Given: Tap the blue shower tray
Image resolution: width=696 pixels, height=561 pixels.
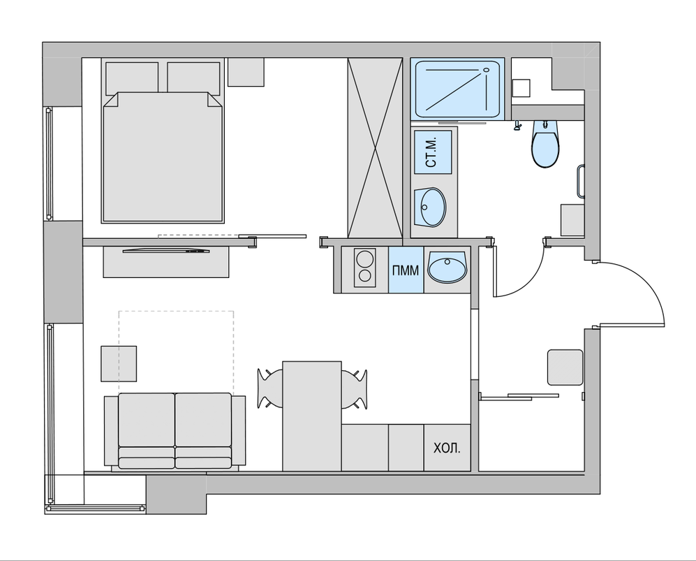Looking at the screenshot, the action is [457, 89].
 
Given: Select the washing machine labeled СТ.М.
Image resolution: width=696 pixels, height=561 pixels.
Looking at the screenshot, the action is [433, 152].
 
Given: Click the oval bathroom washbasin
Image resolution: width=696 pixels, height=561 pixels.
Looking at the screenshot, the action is [429, 207].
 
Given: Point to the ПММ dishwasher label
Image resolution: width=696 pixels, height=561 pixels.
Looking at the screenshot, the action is [406, 270].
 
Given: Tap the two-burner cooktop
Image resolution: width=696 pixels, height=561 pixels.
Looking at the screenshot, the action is [365, 268].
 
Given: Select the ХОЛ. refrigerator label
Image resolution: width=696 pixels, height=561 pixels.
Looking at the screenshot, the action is [447, 449].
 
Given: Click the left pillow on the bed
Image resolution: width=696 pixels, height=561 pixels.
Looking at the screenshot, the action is [132, 78].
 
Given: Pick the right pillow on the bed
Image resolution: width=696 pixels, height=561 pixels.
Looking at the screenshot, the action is [194, 78].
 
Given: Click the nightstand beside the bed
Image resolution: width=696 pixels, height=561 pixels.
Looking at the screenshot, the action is [246, 72].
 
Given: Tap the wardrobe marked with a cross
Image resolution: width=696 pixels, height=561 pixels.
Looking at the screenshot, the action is [375, 148].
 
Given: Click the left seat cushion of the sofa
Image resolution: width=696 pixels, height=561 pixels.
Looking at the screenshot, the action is [147, 420].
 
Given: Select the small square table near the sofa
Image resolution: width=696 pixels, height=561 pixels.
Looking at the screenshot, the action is [119, 364].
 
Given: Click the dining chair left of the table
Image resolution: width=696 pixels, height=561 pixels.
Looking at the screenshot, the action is [269, 388].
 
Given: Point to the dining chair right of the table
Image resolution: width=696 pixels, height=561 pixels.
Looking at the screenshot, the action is [354, 388].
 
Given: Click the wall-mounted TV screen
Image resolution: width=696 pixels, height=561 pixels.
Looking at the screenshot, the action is [166, 251].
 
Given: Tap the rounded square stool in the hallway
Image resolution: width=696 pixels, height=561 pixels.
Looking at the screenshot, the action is [565, 367].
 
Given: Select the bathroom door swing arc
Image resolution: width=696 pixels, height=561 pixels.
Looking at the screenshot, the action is [531, 280].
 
